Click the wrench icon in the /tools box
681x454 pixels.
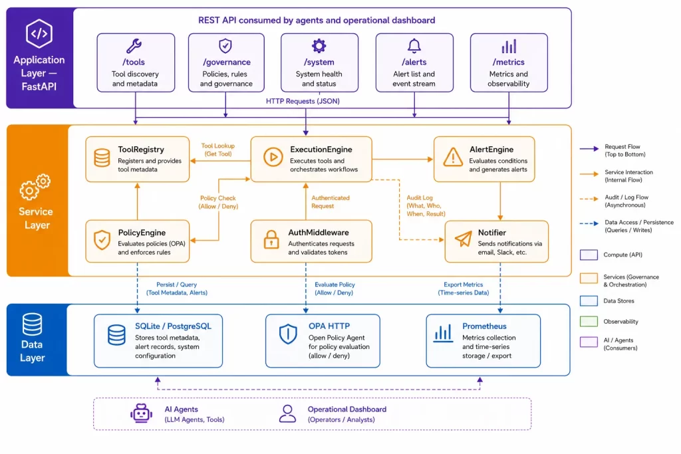tap(134, 46)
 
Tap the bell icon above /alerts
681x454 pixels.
tap(414, 46)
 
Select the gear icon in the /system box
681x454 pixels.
tap(319, 46)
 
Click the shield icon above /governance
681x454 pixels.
tap(225, 46)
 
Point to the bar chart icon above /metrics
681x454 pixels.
tap(509, 46)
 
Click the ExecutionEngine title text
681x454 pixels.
tap(321, 150)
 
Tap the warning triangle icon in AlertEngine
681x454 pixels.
tap(452, 157)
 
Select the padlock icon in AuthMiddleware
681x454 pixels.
tap(271, 239)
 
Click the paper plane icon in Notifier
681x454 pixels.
tap(463, 239)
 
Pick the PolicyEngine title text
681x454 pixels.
tap(142, 233)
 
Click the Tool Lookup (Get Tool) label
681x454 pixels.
tap(218, 150)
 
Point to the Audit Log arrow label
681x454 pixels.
tap(426, 206)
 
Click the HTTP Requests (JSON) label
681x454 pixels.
tap(303, 101)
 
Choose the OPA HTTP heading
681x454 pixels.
tap(329, 326)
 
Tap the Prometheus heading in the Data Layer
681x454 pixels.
tap(484, 326)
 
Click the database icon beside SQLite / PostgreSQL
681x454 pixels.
tap(116, 335)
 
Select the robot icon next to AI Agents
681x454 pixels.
tap(141, 413)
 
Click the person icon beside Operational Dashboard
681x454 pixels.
tap(287, 413)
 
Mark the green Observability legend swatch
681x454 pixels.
tap(589, 321)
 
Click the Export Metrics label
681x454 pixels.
tap(463, 288)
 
